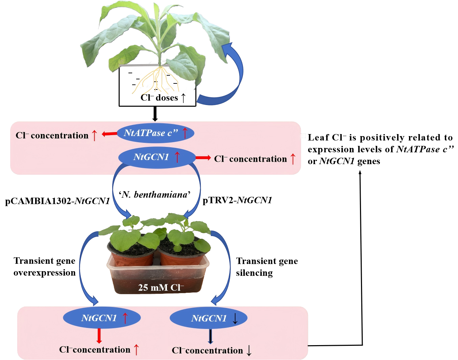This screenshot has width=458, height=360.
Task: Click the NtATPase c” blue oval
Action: (155, 133)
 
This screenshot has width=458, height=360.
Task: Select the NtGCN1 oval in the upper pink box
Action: (157, 157)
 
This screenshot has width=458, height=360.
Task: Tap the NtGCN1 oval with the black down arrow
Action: (209, 318)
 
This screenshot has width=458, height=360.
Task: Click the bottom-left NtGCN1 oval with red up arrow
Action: (102, 318)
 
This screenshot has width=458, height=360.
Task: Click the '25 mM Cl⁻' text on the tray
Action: (161, 287)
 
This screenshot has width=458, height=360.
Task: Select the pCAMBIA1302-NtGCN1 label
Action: (57, 201)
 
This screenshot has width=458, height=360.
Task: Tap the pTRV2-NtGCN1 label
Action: (237, 200)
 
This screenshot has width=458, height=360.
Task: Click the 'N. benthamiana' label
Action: (155, 195)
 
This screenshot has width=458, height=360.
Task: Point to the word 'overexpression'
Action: (45, 273)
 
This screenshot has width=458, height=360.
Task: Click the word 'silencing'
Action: (254, 273)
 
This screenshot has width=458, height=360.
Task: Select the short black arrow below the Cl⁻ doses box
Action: (155, 114)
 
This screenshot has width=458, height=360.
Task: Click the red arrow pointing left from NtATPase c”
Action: (110, 134)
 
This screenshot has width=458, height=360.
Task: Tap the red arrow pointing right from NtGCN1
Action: (203, 158)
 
